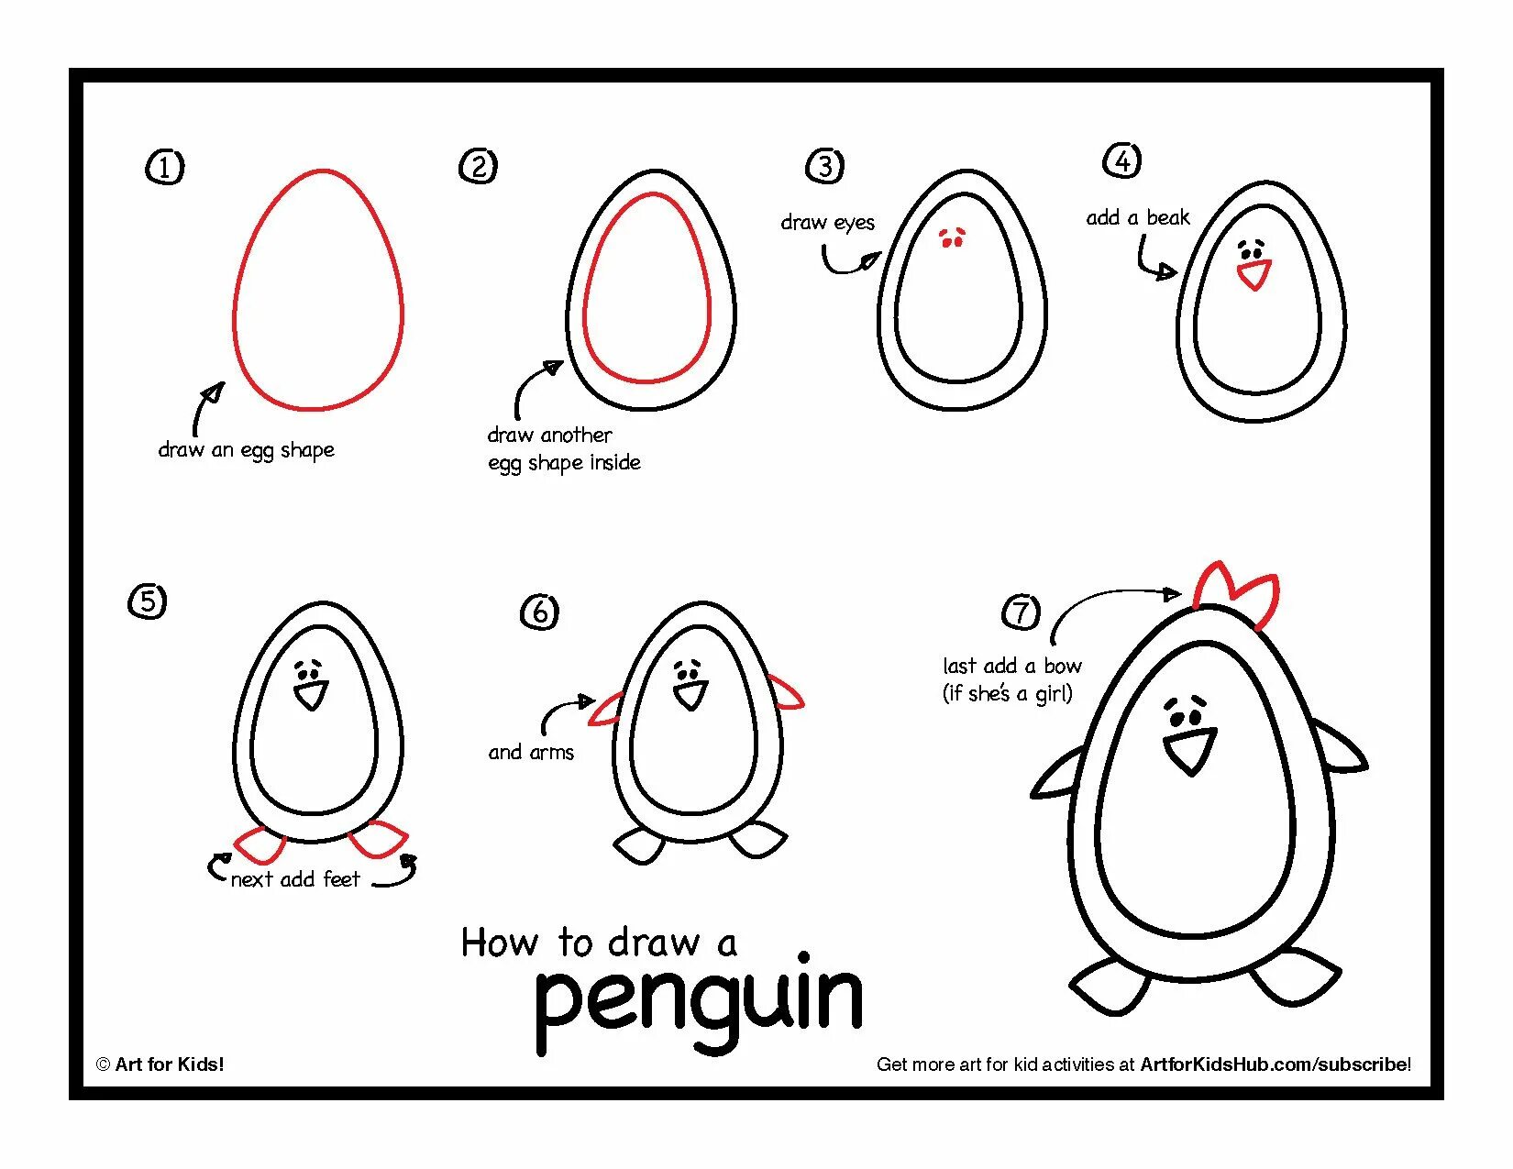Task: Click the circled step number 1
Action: point(165,167)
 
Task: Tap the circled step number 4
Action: point(1121,160)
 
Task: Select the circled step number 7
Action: point(1021,612)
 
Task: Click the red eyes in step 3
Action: point(952,238)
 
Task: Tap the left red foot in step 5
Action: point(260,844)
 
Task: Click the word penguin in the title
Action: point(699,1001)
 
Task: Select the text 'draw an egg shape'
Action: point(247,450)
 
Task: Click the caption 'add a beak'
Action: point(1137,217)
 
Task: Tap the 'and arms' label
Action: point(531,753)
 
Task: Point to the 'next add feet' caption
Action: point(295,879)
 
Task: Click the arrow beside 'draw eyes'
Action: point(850,263)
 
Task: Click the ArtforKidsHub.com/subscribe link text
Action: point(1275,1064)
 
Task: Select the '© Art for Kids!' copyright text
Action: point(160,1064)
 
